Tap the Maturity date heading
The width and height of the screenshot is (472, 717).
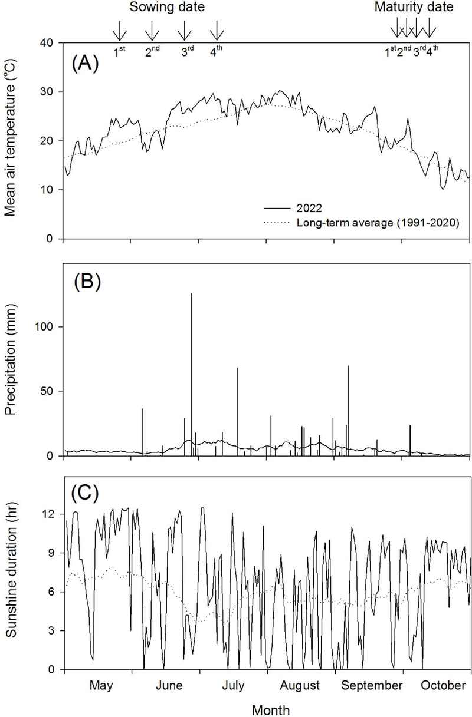[414, 8]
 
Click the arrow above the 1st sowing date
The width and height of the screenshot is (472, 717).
[120, 31]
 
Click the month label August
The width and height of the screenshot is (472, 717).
[300, 685]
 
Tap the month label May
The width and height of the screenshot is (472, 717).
[101, 685]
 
